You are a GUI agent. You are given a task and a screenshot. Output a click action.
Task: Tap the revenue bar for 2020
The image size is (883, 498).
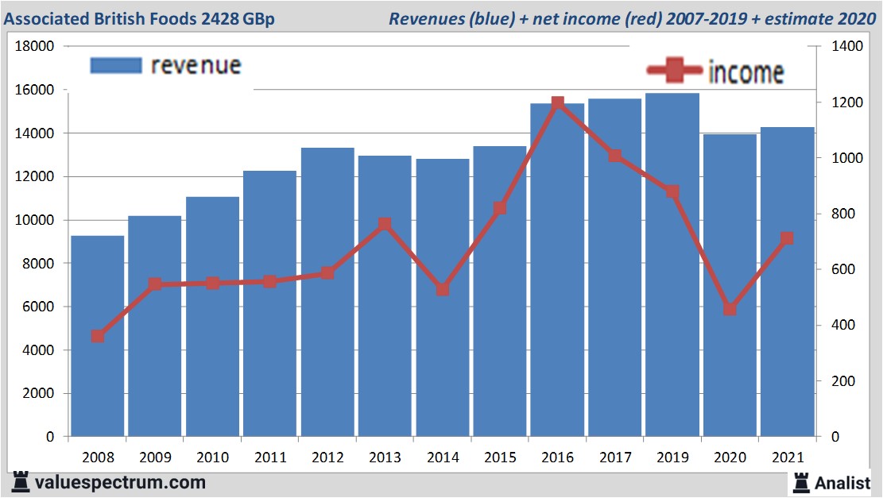point(730,286)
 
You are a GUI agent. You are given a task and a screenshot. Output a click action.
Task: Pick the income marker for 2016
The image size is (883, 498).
point(557,103)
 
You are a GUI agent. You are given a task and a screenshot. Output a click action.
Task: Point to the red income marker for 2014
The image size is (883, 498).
point(443,290)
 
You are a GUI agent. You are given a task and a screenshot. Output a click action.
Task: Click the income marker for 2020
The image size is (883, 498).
point(730,309)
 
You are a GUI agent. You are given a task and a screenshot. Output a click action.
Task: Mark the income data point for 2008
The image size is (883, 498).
point(97,336)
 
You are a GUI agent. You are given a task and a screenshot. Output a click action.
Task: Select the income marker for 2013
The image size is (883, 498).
point(385,224)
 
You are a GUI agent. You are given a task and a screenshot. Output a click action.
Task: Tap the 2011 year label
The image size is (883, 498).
point(270,457)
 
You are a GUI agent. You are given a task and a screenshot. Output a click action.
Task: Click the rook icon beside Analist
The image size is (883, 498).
point(800,481)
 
